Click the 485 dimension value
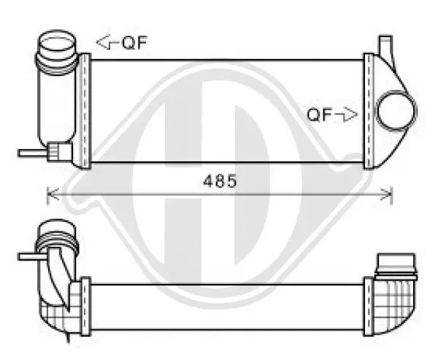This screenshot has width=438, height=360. tap(220, 181)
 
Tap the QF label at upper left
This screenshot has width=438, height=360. tap(134, 43)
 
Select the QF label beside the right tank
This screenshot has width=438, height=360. tap(320, 115)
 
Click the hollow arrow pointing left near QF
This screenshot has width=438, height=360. tap(107, 42)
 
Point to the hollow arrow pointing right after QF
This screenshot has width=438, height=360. tap(346, 115)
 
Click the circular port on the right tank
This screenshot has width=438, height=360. tap(396, 111)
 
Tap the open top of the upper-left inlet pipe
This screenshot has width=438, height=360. tap(57, 41)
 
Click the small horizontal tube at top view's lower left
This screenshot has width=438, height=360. tap(33, 153)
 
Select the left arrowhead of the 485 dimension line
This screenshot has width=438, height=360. tap(53, 194)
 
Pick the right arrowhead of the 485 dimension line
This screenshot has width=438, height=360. tap(386, 194)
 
